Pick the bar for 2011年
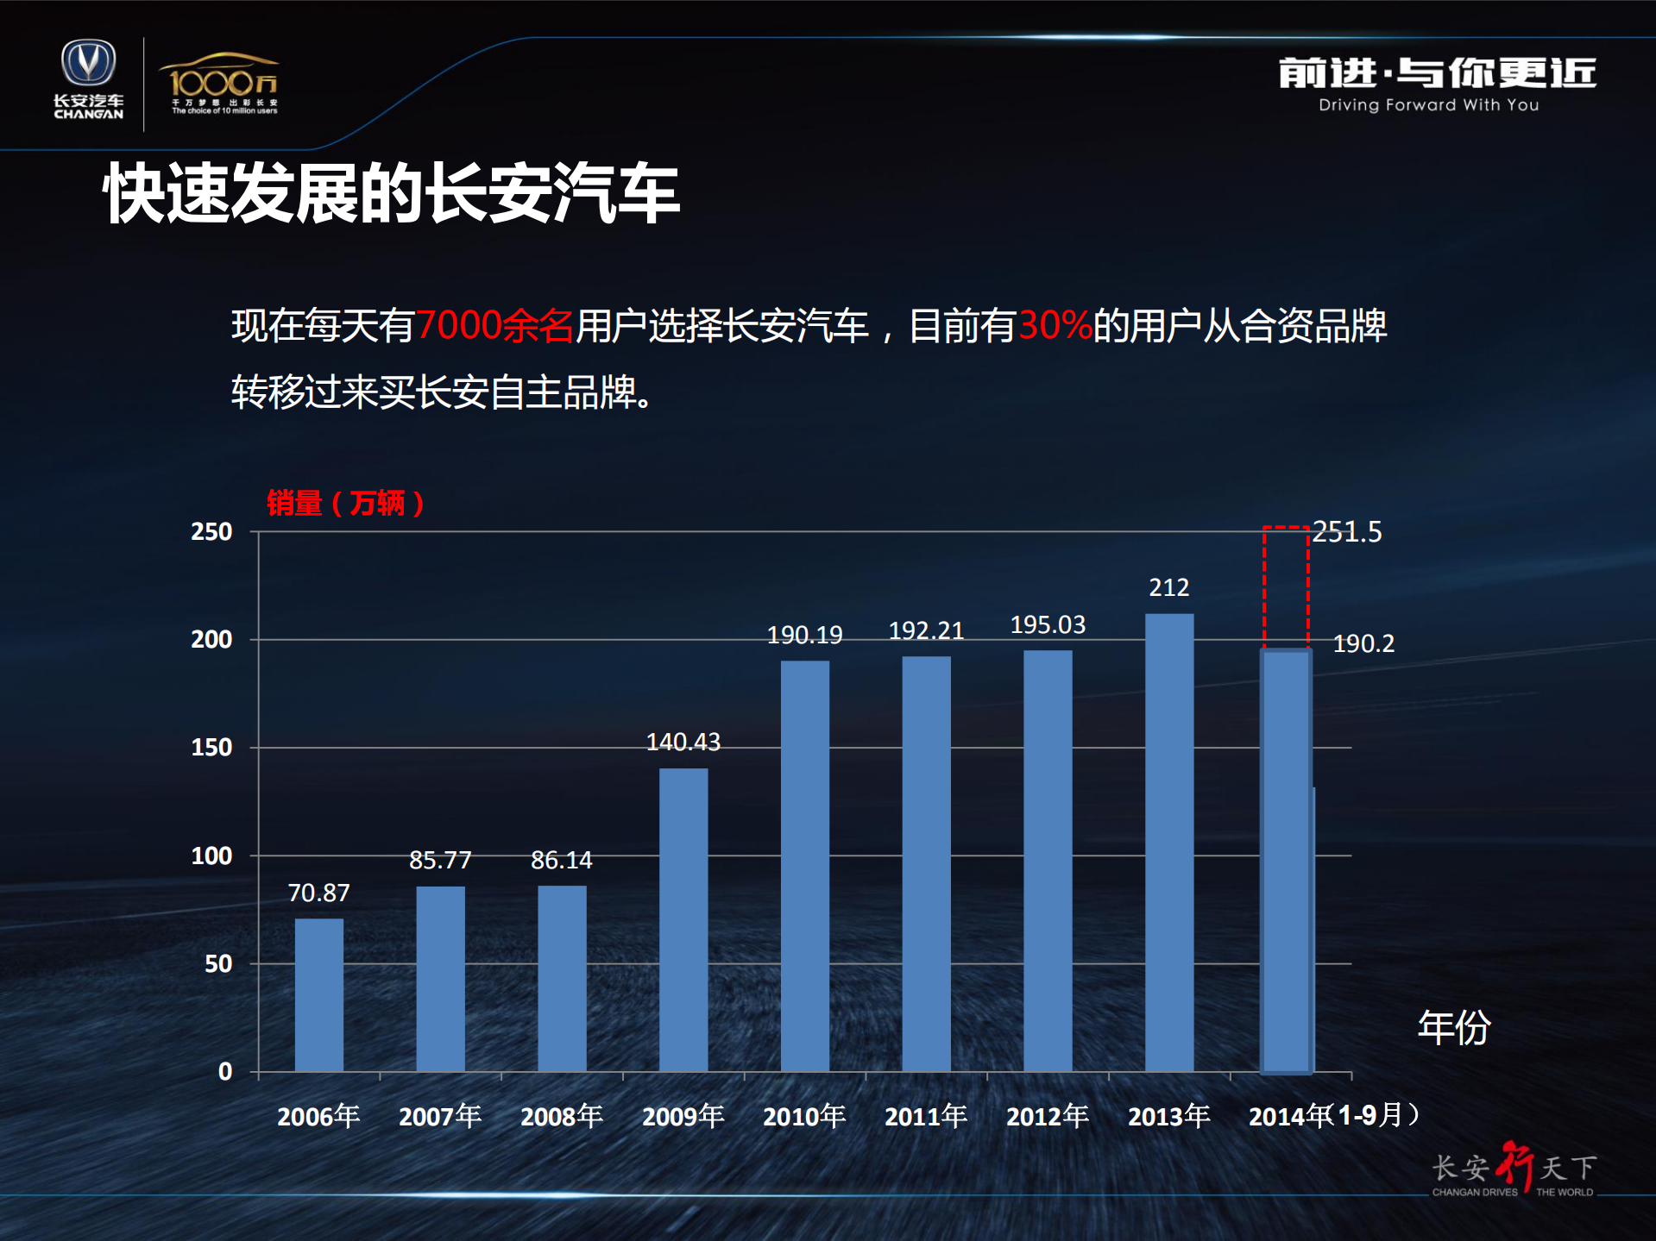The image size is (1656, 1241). click(x=926, y=863)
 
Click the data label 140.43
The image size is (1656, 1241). click(x=683, y=742)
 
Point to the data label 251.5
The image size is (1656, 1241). click(x=1347, y=531)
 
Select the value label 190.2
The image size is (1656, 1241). click(x=1363, y=643)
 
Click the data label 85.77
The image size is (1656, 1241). click(x=440, y=860)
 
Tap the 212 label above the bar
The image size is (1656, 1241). click(x=1168, y=587)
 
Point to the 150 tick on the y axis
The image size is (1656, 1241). click(x=211, y=748)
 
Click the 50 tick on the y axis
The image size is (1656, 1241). click(x=217, y=963)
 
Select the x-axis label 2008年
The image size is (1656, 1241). click(x=562, y=1116)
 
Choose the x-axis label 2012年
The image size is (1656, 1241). click(x=1048, y=1116)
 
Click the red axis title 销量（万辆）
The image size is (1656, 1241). click(x=345, y=503)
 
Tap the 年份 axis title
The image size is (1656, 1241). click(x=1454, y=1027)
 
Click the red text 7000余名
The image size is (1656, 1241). click(x=494, y=326)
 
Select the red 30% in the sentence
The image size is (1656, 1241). click(x=1055, y=326)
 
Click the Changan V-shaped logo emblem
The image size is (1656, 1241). click(x=88, y=63)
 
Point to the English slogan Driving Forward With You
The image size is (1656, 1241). click(x=1428, y=105)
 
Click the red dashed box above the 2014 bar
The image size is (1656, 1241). click(x=1286, y=586)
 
